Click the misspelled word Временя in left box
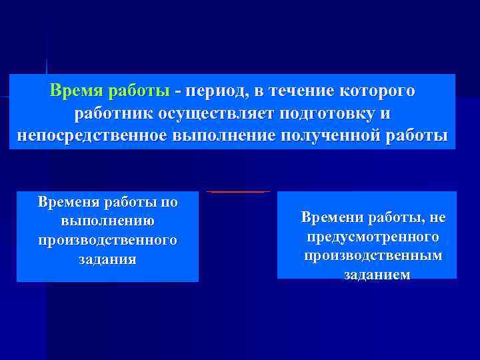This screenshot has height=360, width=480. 67,201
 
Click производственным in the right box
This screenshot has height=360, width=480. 373,256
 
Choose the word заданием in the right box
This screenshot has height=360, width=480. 377,275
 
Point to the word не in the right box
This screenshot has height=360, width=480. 437,217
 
